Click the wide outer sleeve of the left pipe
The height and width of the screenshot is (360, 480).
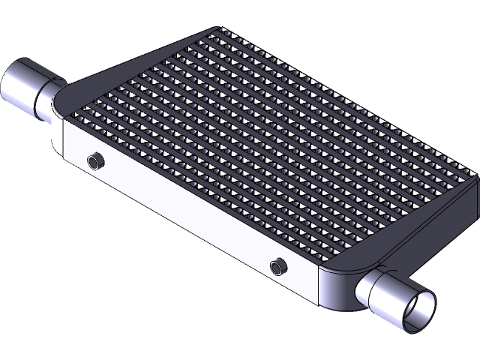point(20,85)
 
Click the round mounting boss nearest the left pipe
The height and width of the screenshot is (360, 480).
point(95,160)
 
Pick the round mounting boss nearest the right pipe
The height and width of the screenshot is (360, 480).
point(278,265)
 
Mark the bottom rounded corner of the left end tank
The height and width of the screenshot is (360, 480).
point(55,146)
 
